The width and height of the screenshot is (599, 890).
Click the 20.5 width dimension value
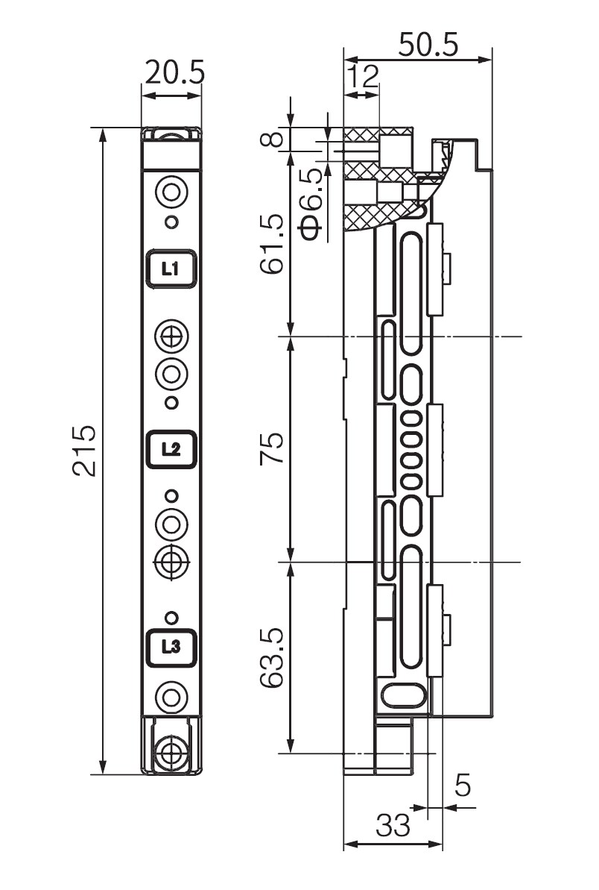click(x=174, y=72)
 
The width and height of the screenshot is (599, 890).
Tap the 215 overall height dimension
click(x=84, y=450)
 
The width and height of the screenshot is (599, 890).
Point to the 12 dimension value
click(x=362, y=76)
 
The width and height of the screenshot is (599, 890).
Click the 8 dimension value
click(x=273, y=139)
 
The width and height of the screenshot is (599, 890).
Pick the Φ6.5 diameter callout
click(x=311, y=201)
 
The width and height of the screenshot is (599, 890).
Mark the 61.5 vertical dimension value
click(x=273, y=244)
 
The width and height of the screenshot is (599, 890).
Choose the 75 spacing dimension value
click(x=273, y=449)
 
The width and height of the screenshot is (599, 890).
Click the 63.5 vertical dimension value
click(x=273, y=659)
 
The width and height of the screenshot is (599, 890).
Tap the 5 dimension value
click(x=463, y=786)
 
